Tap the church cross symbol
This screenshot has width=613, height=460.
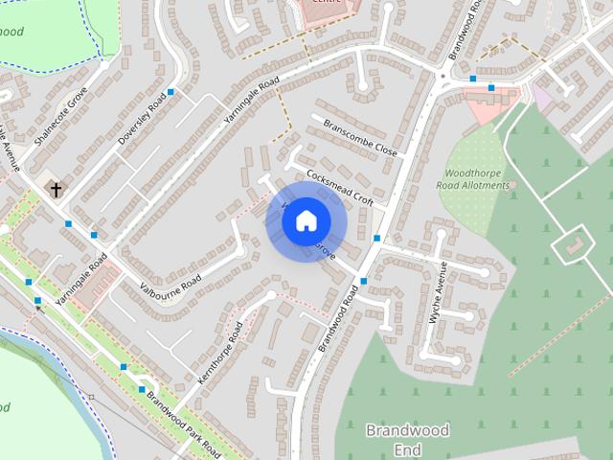point(56,190)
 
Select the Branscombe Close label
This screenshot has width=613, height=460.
point(359,138)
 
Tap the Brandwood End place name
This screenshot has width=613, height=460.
point(407,439)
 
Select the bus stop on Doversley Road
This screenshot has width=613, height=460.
point(170,92)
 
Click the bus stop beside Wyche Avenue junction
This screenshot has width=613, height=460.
point(377,238)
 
